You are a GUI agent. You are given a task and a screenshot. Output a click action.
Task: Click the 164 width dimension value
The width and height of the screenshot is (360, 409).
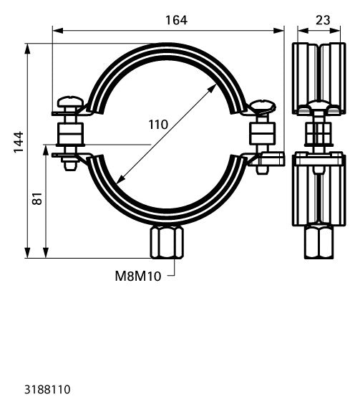click(177, 20)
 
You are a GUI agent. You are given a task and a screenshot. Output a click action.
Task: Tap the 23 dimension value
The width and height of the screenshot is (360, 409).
click(323, 20)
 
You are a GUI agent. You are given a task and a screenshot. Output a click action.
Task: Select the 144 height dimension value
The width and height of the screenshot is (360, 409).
click(19, 143)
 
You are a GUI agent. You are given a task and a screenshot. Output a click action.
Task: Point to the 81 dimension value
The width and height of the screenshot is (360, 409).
click(37, 198)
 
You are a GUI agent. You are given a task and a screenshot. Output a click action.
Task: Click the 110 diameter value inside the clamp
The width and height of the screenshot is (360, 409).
click(158, 125)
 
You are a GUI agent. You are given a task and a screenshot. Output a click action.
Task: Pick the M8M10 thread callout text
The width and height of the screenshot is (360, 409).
click(138, 276)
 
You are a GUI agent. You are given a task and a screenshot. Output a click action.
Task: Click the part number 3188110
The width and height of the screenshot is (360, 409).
click(47, 390)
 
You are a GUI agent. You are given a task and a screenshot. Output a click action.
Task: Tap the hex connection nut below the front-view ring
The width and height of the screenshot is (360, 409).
click(167, 242)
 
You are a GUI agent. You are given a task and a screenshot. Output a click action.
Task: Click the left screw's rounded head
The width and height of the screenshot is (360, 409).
click(70, 102)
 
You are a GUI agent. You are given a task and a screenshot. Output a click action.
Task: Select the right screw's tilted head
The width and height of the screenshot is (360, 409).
click(262, 105)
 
